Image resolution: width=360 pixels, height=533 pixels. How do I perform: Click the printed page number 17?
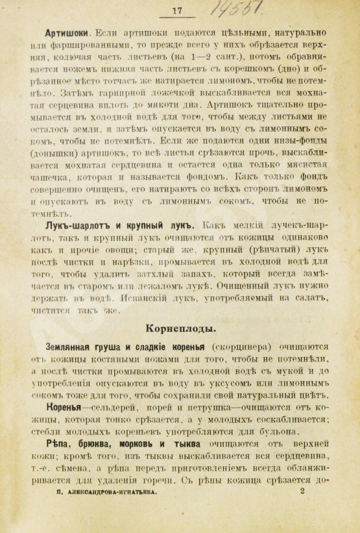pyautogui.click(x=176, y=9)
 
